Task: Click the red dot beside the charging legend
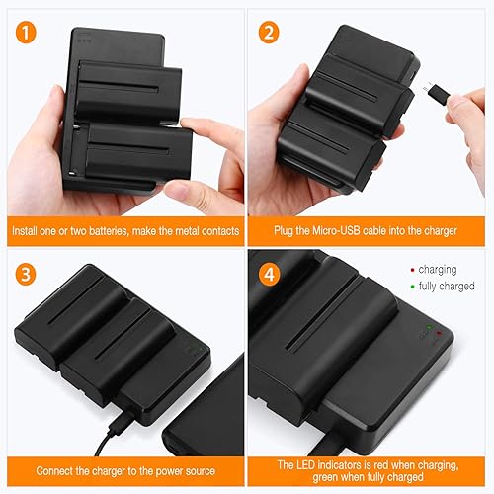point(412,268)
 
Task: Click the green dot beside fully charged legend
point(412,287)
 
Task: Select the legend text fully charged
point(448,287)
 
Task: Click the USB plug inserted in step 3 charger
point(123,407)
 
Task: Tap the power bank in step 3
point(203,415)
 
